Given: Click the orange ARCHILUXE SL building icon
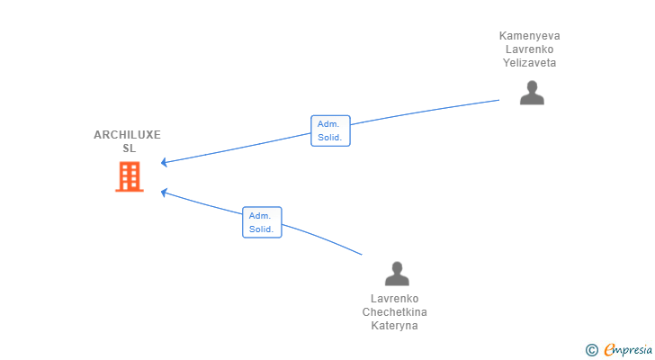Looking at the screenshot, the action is [130, 176].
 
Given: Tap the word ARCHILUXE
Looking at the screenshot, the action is [127, 135].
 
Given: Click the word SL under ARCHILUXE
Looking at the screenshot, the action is [129, 148].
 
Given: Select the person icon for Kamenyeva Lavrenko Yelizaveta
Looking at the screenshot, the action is [532, 93].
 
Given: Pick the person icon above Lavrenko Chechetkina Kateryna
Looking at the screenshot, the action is [397, 274].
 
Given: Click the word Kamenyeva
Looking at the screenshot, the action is [529, 36].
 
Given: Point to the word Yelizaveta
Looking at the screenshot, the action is [529, 63].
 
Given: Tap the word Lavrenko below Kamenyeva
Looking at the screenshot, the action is [529, 49].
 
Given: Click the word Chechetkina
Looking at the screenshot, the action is [394, 312].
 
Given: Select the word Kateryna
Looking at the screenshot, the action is [394, 326].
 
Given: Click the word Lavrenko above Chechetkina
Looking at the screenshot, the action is [394, 299].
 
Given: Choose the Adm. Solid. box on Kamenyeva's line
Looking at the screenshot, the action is [330, 130].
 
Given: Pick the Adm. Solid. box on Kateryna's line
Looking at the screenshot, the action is [262, 222].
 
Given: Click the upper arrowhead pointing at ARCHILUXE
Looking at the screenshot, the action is [164, 162].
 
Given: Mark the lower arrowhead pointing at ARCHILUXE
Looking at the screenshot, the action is [164, 193].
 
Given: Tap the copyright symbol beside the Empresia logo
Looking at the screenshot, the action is [591, 350].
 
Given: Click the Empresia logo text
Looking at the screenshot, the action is [628, 350].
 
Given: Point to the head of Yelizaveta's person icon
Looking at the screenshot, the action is [532, 86].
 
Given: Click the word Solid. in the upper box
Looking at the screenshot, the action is [330, 138].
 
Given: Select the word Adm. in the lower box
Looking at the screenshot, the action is [260, 216].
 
